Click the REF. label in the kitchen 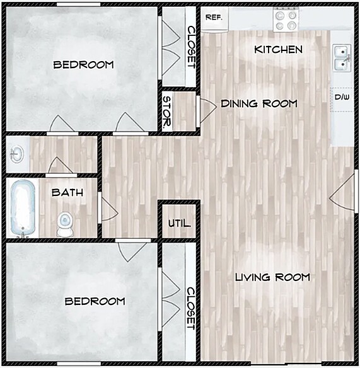click(x=214, y=18)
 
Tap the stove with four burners click(x=286, y=20)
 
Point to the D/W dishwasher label click(x=342, y=97)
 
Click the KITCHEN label click(x=278, y=49)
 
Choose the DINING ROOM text click(x=258, y=103)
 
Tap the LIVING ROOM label click(x=272, y=277)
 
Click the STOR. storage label click(x=167, y=112)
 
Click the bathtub click(x=23, y=208)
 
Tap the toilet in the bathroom click(x=65, y=224)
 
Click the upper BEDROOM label click(x=83, y=64)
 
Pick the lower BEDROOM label click(x=95, y=301)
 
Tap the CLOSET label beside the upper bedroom click(x=191, y=46)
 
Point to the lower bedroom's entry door click(x=132, y=250)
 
